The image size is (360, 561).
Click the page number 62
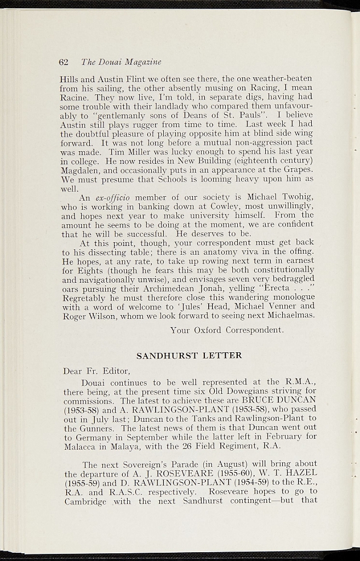63,62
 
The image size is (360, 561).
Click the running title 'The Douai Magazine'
121,62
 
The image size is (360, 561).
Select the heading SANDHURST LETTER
189,356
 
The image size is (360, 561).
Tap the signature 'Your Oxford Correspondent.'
227,330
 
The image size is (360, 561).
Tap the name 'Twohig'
295,197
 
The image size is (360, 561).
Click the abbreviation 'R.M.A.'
300,382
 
